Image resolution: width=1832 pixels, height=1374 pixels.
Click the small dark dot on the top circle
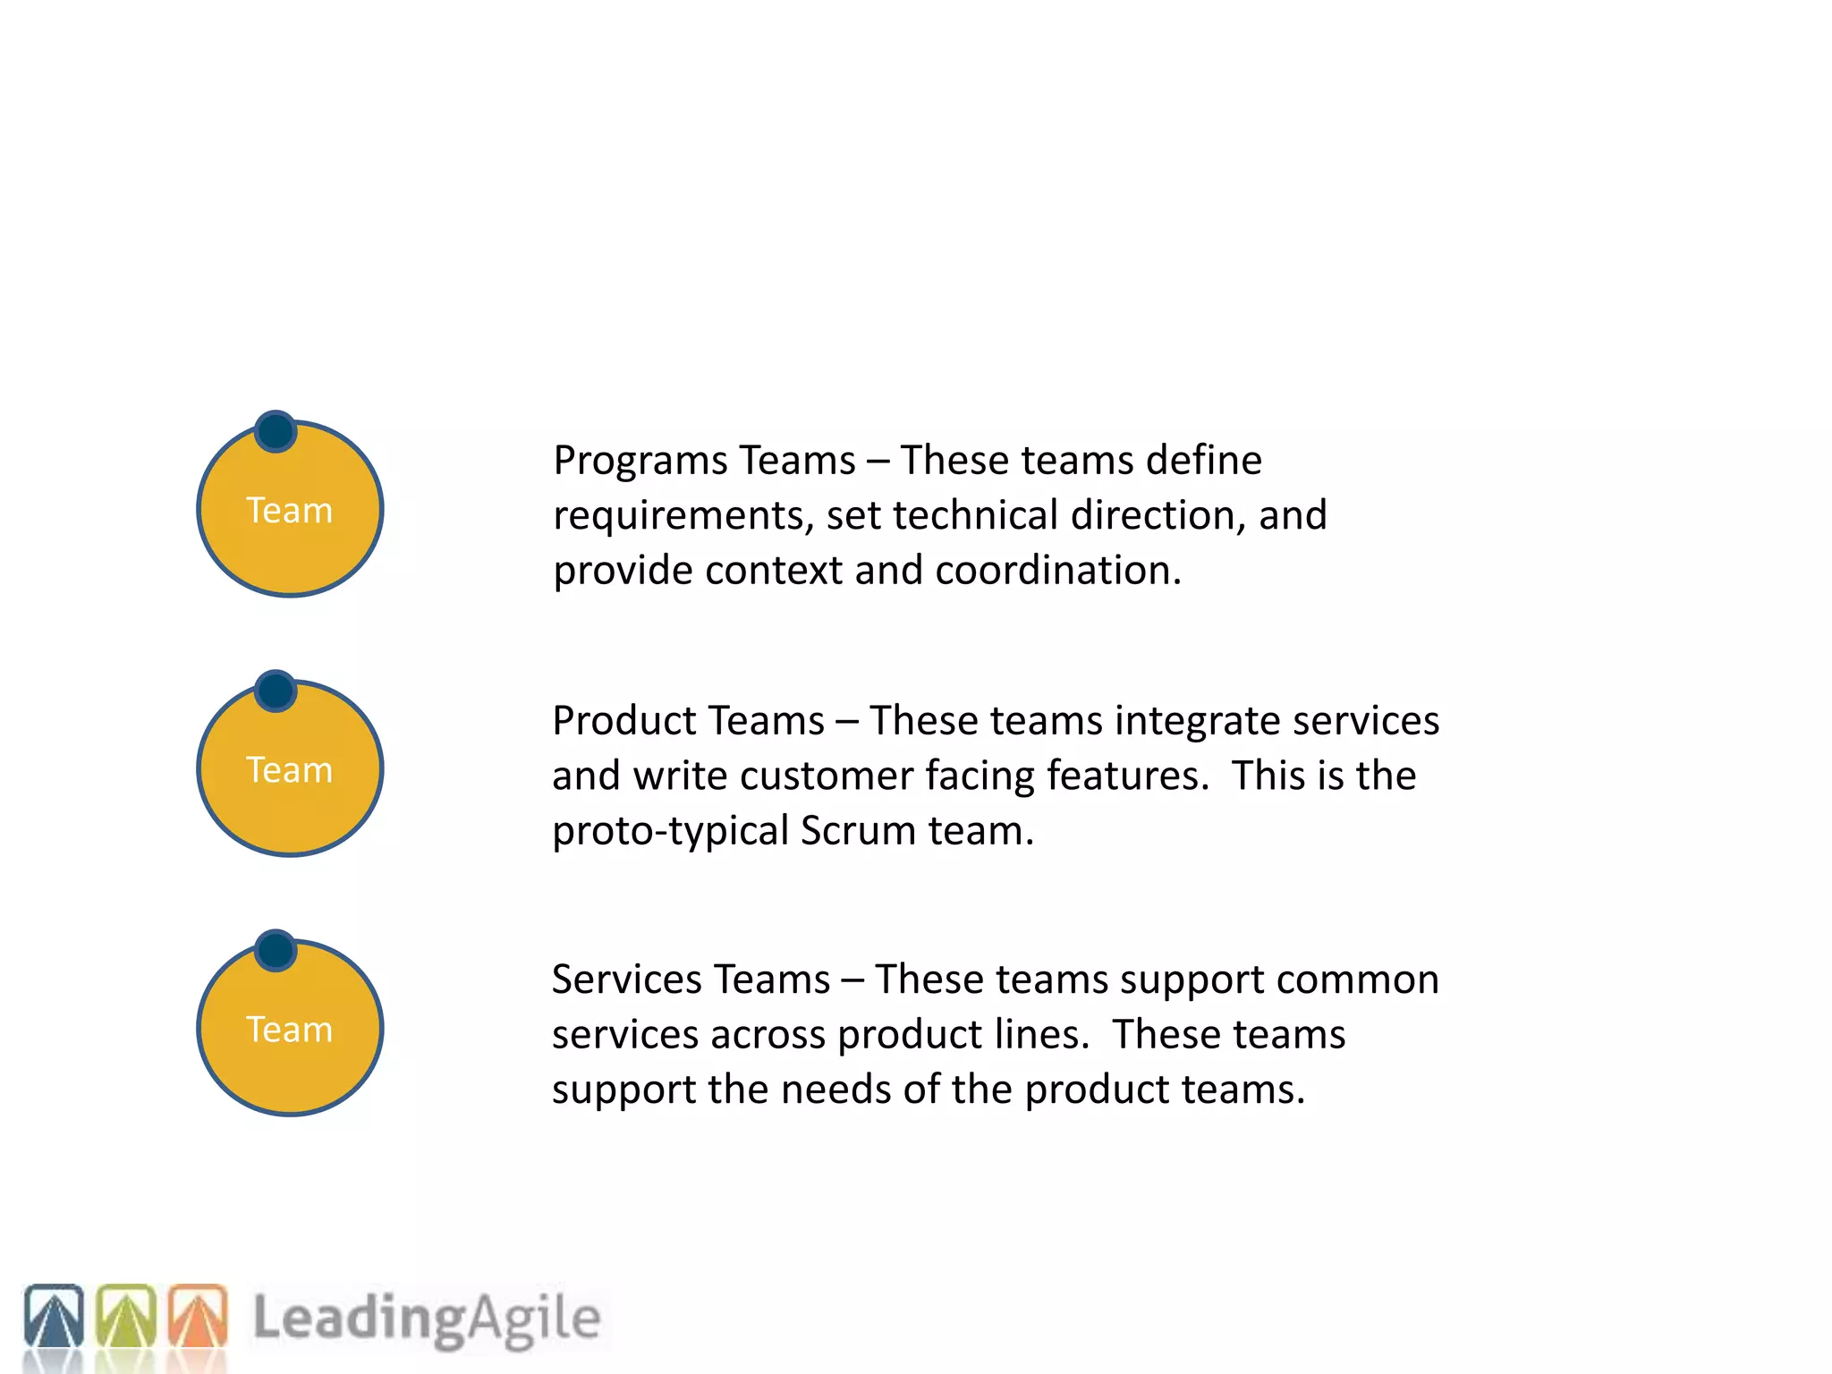pos(276,431)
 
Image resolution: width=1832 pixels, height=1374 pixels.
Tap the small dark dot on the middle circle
pos(276,691)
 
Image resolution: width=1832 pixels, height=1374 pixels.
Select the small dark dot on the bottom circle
pos(276,950)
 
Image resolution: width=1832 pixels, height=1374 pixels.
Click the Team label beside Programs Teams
pos(289,511)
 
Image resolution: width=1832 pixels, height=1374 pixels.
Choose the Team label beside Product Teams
pos(289,770)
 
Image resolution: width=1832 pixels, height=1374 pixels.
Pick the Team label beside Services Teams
pos(289,1030)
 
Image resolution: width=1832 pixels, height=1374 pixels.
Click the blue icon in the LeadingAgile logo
pos(54,1315)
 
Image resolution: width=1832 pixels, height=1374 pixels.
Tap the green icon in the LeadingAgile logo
pos(126,1315)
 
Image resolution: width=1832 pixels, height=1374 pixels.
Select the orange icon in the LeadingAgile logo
pos(198,1315)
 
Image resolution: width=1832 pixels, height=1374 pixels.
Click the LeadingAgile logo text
pos(427,1319)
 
